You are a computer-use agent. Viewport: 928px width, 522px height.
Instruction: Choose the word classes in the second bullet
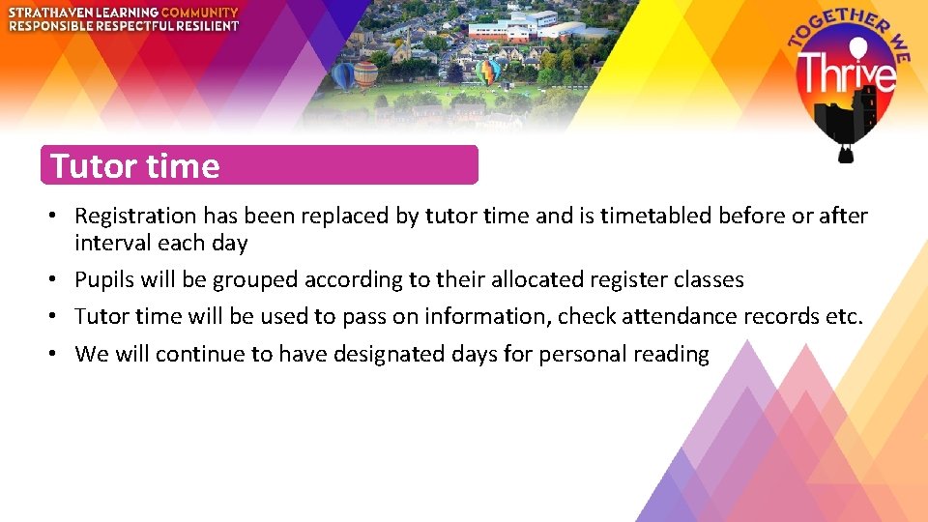710,280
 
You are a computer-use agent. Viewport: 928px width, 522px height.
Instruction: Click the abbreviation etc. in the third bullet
845,317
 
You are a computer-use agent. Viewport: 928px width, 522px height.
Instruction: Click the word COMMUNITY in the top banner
199,12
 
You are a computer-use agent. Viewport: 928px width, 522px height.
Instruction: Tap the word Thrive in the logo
847,73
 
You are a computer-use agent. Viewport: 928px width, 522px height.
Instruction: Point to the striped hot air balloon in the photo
365,73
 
